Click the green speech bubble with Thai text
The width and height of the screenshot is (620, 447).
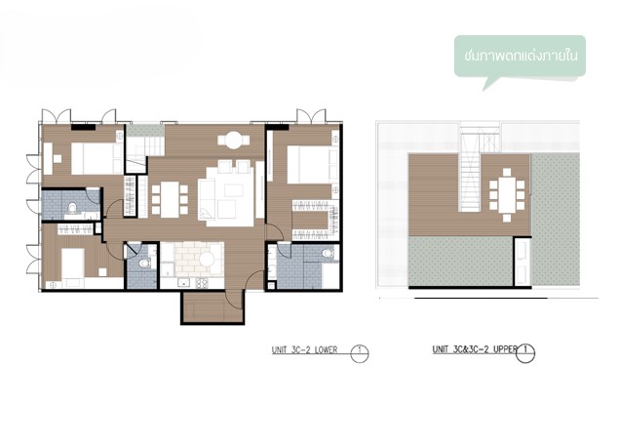(520, 58)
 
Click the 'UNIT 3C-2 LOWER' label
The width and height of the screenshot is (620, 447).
(304, 350)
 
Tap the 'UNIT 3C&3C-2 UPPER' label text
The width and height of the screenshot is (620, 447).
(475, 349)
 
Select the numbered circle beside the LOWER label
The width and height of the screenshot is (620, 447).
(360, 353)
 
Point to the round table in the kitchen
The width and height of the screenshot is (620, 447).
(207, 260)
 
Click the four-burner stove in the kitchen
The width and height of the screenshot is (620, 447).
(202, 283)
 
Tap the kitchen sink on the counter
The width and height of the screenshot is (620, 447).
(183, 283)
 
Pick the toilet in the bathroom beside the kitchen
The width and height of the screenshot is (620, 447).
(143, 263)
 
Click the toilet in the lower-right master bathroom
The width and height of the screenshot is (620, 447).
(328, 253)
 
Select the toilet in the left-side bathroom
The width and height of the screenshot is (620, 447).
(72, 207)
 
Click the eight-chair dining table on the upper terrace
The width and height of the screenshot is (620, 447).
(507, 195)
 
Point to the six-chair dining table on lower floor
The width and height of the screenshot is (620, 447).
(170, 199)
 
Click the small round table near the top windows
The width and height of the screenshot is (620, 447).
(234, 141)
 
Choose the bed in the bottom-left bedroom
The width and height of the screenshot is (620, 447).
(73, 263)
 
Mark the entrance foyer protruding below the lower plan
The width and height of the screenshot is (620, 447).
(213, 307)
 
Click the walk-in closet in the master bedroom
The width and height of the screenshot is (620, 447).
(316, 220)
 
